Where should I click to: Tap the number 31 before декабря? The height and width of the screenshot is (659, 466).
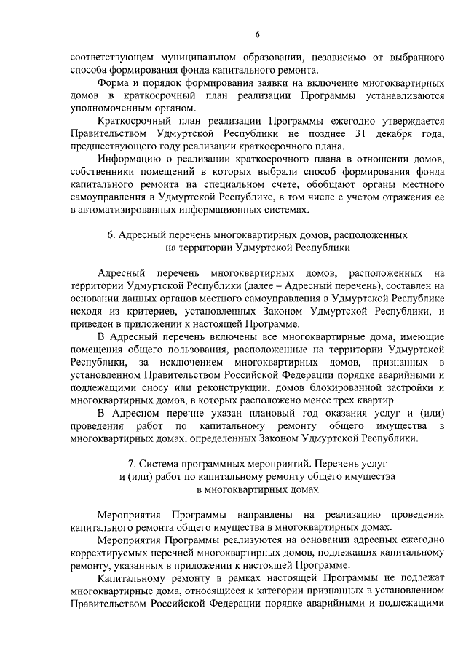pyautogui.click(x=339, y=135)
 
